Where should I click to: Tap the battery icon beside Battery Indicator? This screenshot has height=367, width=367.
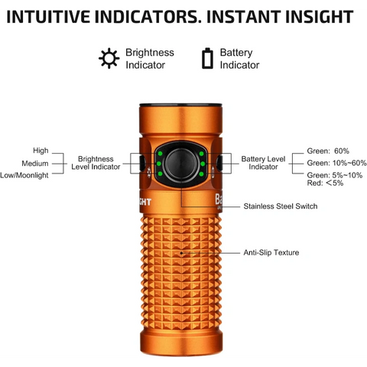click(x=206, y=58)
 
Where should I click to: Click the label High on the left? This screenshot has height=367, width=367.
click(x=41, y=151)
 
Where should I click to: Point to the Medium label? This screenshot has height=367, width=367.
click(x=35, y=163)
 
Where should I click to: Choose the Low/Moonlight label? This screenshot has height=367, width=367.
click(x=25, y=175)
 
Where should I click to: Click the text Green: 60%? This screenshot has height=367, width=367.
click(x=327, y=151)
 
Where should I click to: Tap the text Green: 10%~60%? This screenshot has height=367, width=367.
click(x=336, y=163)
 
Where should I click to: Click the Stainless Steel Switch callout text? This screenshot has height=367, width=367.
click(x=280, y=206)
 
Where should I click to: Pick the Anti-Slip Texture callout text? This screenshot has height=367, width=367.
click(x=271, y=252)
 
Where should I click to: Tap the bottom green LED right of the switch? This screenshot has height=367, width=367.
click(x=200, y=175)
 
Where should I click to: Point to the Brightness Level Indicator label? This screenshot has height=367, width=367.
click(x=96, y=162)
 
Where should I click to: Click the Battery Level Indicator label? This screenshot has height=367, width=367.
click(x=264, y=162)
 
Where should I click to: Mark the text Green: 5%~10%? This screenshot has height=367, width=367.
click(x=334, y=175)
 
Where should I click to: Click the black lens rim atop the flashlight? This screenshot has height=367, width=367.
click(x=181, y=106)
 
